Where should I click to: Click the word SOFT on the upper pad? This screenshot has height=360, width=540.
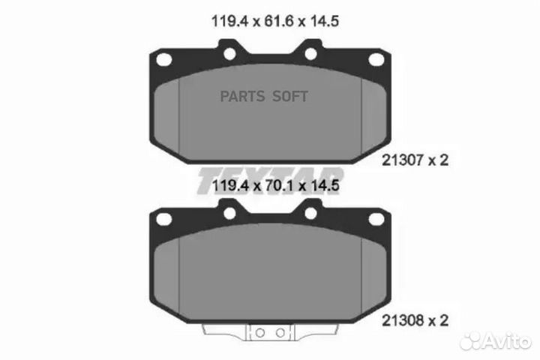[x=289, y=97]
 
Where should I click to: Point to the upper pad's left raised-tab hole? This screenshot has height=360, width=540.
[x=229, y=52]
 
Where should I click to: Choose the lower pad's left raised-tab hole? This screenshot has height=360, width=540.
[x=229, y=212]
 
